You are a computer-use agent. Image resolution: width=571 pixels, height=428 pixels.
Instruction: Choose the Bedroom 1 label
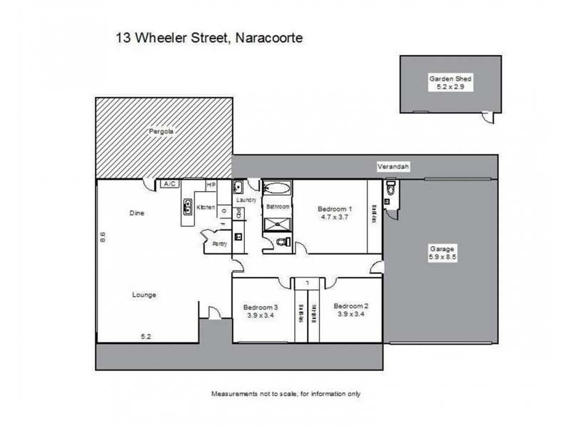pyautogui.click(x=335, y=213)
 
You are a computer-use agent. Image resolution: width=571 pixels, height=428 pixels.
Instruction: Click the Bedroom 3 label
pyautogui.click(x=262, y=305)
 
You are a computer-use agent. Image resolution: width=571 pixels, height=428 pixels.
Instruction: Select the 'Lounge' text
pyautogui.click(x=143, y=295)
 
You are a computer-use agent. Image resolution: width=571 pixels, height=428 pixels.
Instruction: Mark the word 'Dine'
pyautogui.click(x=137, y=213)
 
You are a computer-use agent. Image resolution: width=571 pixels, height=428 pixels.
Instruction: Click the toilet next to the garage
pyautogui.click(x=390, y=190)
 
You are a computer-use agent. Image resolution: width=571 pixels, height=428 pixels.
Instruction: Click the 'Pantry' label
pyautogui.click(x=220, y=244)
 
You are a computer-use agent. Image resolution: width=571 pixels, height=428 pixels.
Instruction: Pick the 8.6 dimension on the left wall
pyautogui.click(x=103, y=236)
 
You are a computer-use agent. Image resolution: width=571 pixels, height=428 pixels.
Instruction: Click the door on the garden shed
pyautogui.click(x=487, y=116)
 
